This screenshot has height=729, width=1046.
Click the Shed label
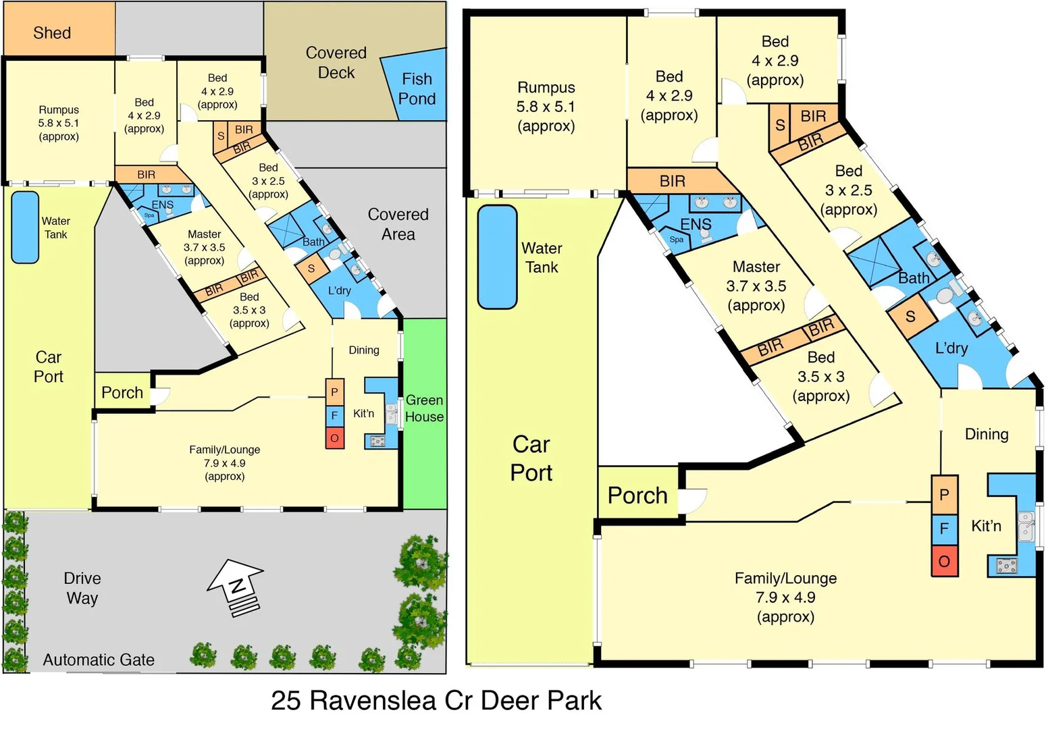[52, 32]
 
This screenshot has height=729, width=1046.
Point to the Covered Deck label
[336, 63]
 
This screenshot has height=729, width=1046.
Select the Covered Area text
[398, 224]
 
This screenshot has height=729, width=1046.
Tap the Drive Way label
[82, 588]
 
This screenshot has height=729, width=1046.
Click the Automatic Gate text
[99, 659]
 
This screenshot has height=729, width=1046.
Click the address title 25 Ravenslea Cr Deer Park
[436, 701]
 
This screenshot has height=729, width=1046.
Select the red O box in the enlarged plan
[944, 561]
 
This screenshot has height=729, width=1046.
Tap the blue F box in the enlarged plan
[944, 529]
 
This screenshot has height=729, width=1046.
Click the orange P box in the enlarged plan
[944, 495]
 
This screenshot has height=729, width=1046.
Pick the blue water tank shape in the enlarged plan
[497, 256]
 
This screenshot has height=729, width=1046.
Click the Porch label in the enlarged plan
[637, 495]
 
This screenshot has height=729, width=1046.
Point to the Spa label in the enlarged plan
[676, 240]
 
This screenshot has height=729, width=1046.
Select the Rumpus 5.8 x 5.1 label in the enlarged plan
[546, 107]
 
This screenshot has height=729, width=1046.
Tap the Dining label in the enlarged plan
[986, 434]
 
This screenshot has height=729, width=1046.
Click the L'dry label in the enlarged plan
[951, 348]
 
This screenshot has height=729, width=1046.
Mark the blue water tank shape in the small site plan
[25, 227]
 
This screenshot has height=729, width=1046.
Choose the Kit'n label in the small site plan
[363, 413]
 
